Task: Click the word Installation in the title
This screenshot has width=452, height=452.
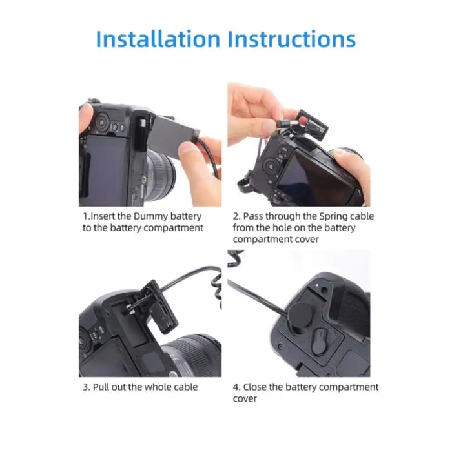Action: [x=158, y=39]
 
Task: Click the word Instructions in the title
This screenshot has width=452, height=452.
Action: [x=292, y=39]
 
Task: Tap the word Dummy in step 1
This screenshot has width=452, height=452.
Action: [x=150, y=216]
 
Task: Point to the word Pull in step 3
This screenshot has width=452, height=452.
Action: [x=101, y=387]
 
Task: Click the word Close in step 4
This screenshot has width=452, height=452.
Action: [x=255, y=387]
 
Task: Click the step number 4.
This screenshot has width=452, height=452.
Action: [x=236, y=387]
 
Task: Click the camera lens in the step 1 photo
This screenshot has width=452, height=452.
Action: [x=161, y=176]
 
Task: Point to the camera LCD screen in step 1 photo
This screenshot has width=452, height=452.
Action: [x=107, y=170]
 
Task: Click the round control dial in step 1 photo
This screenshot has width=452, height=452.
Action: [x=101, y=122]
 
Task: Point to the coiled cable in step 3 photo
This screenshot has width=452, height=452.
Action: [x=217, y=291]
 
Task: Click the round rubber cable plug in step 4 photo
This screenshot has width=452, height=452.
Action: [x=300, y=316]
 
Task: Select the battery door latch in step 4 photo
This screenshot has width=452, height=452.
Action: [x=319, y=342]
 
